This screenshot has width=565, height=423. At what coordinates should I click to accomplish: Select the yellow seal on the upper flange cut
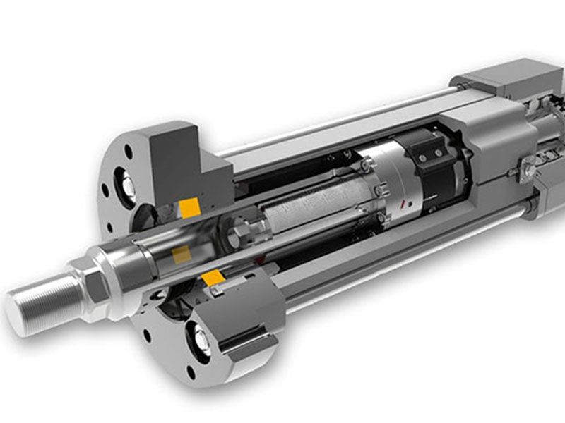[x=189, y=208]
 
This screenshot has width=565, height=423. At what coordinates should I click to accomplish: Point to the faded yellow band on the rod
[x=182, y=255]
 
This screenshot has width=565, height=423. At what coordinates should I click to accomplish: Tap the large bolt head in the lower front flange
[x=200, y=343]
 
